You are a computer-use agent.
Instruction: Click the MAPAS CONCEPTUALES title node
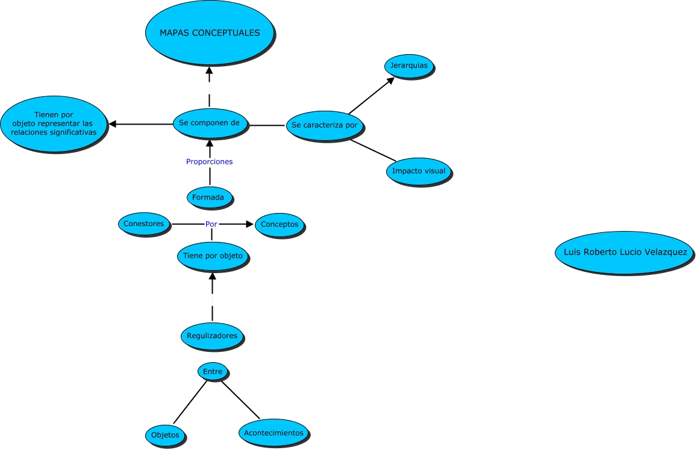210,32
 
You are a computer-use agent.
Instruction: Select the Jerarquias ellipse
409,66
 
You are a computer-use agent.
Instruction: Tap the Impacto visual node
419,171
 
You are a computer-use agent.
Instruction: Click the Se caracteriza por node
325,125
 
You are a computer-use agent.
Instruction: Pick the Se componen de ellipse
210,123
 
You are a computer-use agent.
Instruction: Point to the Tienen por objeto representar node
54,123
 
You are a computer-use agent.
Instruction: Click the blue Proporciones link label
209,162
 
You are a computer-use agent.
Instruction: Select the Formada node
209,197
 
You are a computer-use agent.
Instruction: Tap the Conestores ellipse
144,224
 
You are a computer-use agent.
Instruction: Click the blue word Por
211,224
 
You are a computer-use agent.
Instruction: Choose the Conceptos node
280,224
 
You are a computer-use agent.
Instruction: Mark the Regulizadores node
212,335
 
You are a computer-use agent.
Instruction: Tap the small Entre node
213,372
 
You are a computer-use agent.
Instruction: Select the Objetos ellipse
165,434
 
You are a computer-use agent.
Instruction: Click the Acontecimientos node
274,433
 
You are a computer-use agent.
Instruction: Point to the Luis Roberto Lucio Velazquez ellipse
624,253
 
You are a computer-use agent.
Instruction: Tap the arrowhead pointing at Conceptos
249,224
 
